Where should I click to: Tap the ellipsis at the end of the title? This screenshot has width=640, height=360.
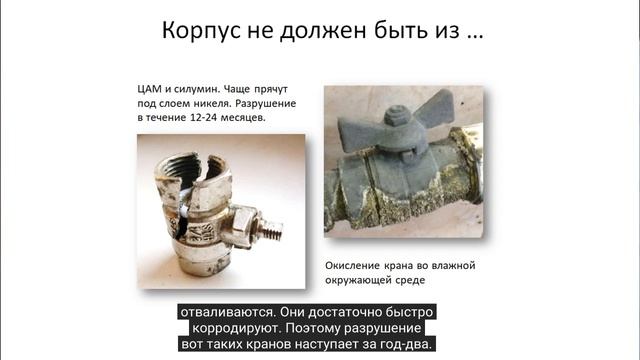click(474, 32)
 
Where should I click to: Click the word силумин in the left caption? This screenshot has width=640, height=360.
click(198, 87)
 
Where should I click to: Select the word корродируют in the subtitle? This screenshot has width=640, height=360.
click(235, 327)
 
